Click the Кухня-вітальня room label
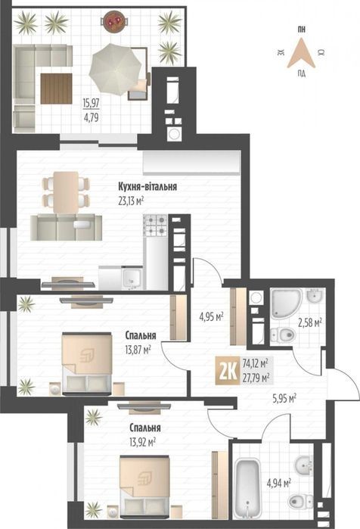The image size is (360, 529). tap(147, 187)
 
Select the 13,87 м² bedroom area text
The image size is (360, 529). tap(138, 350)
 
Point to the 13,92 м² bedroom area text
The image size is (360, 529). tap(142, 442)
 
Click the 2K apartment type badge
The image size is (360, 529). tap(228, 371)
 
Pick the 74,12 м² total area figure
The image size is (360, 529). tap(255, 364)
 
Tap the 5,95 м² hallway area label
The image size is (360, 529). tap(284, 399)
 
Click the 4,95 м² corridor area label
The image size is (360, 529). tap(212, 317)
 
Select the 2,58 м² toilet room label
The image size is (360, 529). tap(309, 323)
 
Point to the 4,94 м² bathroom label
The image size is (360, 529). tap(279, 484)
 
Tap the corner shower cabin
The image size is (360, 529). tap(286, 303)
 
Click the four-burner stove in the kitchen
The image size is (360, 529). tap(155, 225)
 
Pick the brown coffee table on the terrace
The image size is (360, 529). tap(56, 89)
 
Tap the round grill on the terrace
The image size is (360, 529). tap(115, 21)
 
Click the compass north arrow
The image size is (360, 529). tap(301, 53)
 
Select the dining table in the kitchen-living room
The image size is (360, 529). tap(66, 193)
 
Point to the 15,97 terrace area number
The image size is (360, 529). tap(92, 103)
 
